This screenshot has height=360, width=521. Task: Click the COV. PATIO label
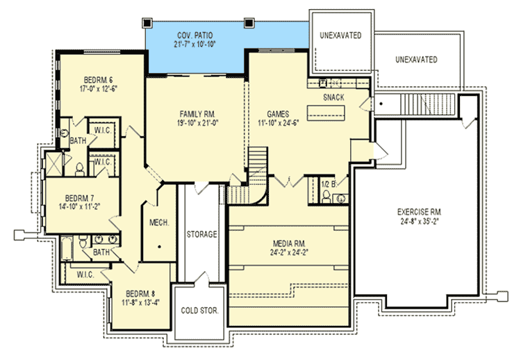tap(195, 35)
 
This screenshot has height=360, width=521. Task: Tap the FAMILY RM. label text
tap(197, 114)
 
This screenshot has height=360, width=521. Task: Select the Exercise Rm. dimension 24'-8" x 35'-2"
tap(420, 222)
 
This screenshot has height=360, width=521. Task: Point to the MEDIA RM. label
tap(289, 244)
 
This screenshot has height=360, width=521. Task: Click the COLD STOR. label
tap(199, 311)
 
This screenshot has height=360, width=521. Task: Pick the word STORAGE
tap(201, 234)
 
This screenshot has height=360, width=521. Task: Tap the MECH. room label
tap(159, 222)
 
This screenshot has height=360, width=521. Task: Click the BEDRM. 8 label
tap(140, 294)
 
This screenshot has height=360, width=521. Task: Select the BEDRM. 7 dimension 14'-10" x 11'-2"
tap(80, 207)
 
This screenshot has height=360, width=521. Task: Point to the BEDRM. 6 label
tap(99, 80)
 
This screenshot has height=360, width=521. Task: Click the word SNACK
tap(333, 97)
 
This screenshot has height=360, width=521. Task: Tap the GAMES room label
tap(278, 114)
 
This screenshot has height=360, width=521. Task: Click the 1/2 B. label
tap(329, 184)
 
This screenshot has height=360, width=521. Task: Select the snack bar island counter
tap(326, 113)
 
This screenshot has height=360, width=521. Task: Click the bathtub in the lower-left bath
tap(67, 248)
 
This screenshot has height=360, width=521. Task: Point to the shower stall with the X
tap(53, 164)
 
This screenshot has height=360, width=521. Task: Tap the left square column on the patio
tap(147, 23)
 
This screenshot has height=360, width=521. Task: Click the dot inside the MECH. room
tap(160, 247)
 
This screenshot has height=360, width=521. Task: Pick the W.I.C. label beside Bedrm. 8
tap(85, 275)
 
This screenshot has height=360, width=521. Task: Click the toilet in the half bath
tap(326, 197)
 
